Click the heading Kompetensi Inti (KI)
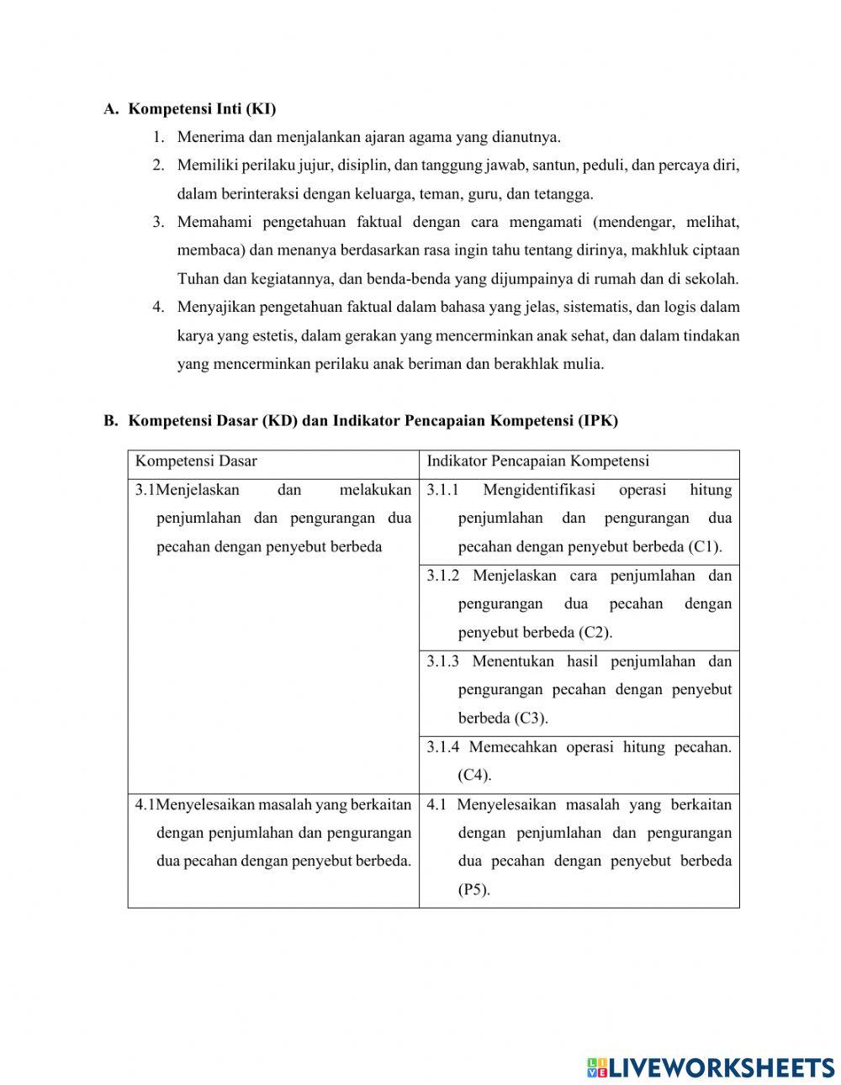(202, 109)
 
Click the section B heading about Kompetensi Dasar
(373, 421)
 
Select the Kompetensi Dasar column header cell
(197, 461)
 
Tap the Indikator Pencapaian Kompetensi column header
(538, 461)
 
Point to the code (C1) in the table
(705, 547)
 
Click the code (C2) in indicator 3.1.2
(595, 633)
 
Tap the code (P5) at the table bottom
(473, 890)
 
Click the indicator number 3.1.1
(442, 490)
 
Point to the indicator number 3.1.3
(442, 661)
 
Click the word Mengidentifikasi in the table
(539, 490)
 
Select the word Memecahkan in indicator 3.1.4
(513, 747)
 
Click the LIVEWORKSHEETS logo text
(721, 1068)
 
